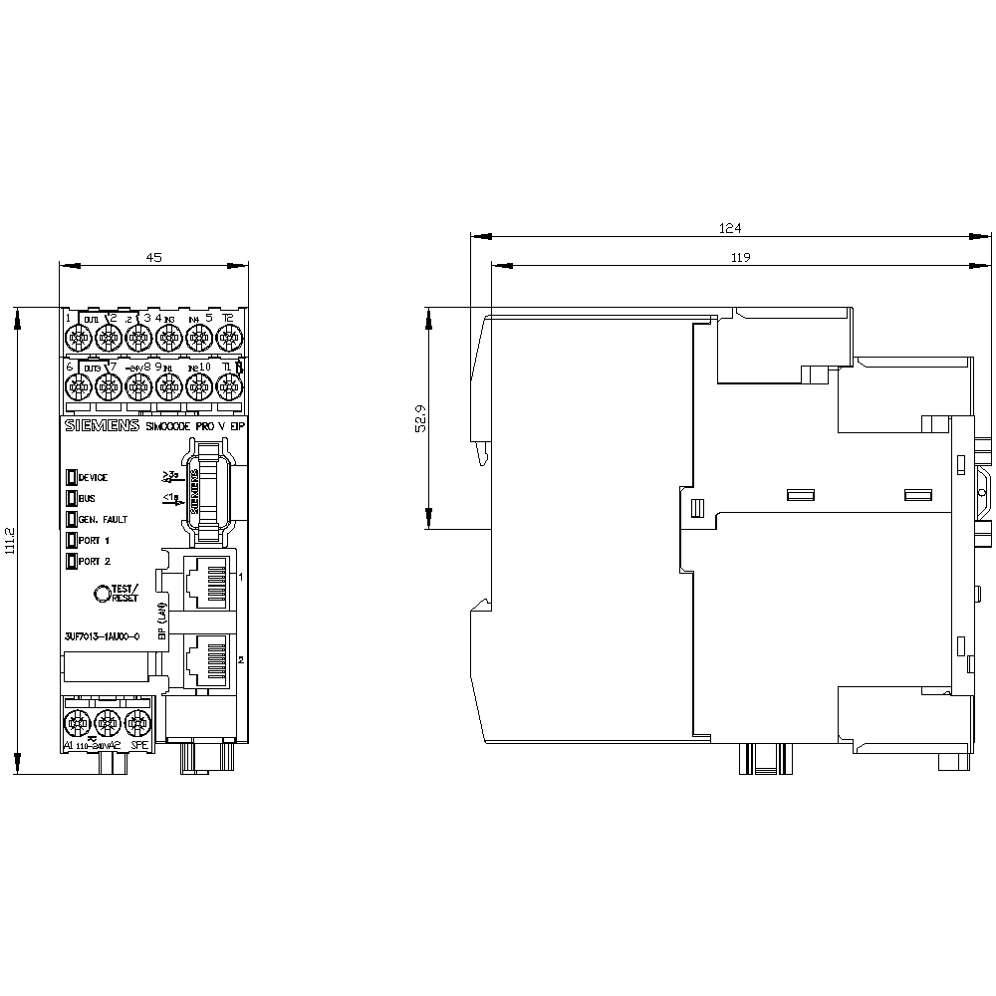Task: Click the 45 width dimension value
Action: pos(153,257)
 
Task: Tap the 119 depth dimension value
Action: pos(739,257)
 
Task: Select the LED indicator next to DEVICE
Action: pos(72,477)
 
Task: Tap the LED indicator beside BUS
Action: pos(72,498)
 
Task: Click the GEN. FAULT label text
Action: pos(103,520)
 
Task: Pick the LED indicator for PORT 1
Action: pos(72,540)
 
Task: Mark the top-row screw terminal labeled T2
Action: pos(228,339)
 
